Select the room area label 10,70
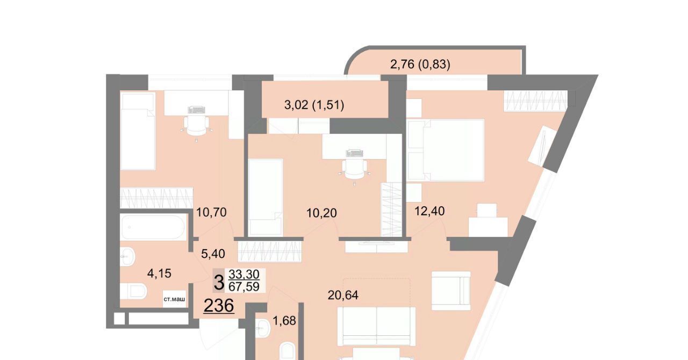[211, 212]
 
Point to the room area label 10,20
[321, 213]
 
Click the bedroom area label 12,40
[429, 211]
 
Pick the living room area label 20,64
[343, 295]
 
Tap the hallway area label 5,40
[213, 254]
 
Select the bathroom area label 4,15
[159, 273]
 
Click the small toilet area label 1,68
[284, 321]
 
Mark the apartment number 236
[219, 306]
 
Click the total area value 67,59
[244, 286]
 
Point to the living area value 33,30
[244, 273]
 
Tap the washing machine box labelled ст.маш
[174, 299]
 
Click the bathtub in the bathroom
[153, 227]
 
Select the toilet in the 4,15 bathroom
[134, 291]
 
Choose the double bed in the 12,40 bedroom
[446, 150]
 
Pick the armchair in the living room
[451, 291]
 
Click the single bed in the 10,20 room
[266, 197]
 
